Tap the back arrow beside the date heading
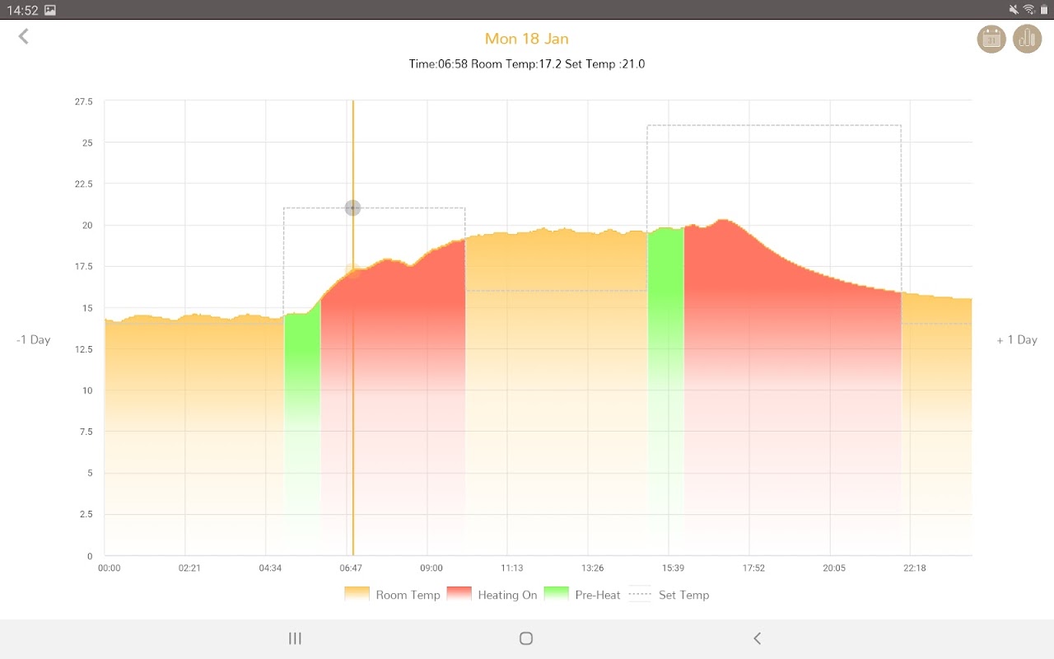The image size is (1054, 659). tap(24, 36)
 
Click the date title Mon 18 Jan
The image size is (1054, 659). tap(526, 39)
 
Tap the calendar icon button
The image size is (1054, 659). tap(991, 39)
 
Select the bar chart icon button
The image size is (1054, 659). tap(1027, 39)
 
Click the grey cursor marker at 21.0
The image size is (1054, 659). tap(352, 208)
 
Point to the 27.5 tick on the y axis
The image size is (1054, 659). tap(84, 101)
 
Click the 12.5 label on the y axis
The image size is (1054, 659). tap(84, 349)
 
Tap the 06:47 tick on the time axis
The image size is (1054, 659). tap(351, 568)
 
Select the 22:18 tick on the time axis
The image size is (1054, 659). tap(914, 568)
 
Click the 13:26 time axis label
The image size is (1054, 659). tap(592, 568)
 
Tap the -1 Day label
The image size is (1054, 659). tap(34, 339)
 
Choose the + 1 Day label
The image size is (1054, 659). tap(1016, 339)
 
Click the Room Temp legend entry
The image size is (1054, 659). tap(392, 595)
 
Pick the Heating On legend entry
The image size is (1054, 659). tap(492, 595)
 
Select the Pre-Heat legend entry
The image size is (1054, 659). tap(582, 595)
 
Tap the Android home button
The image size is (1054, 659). tap(526, 638)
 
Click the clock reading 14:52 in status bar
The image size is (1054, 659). tap(23, 10)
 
